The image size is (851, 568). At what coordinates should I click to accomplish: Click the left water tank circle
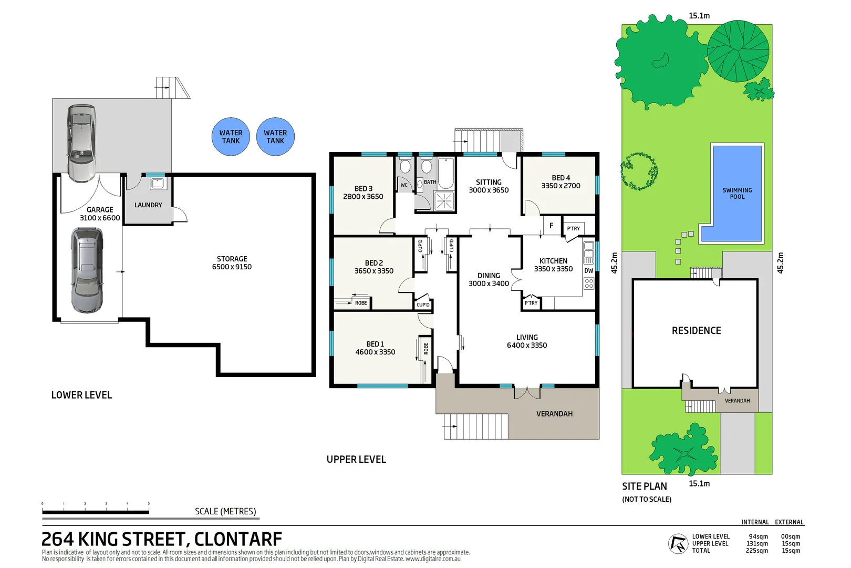pyautogui.click(x=231, y=137)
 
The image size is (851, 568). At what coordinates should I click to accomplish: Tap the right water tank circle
pyautogui.click(x=275, y=137)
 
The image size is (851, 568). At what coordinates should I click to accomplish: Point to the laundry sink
pyautogui.click(x=158, y=184)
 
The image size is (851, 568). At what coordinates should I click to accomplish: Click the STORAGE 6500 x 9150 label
pyautogui.click(x=232, y=263)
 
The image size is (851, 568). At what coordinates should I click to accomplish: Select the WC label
pyautogui.click(x=404, y=185)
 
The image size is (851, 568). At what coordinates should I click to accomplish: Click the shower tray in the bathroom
pyautogui.click(x=444, y=201)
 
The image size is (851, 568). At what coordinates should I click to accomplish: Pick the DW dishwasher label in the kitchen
pyautogui.click(x=589, y=271)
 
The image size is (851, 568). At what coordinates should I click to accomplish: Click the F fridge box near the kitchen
pyautogui.click(x=551, y=226)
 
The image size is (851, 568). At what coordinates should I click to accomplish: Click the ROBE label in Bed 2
pyautogui.click(x=361, y=303)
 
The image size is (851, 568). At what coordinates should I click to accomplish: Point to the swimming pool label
pyautogui.click(x=737, y=194)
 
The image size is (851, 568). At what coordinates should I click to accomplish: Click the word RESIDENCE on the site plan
pyautogui.click(x=696, y=331)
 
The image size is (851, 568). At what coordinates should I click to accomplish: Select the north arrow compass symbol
pyautogui.click(x=678, y=544)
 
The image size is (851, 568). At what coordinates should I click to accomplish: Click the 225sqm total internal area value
pyautogui.click(x=756, y=551)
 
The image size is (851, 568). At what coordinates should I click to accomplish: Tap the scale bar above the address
pyautogui.click(x=96, y=511)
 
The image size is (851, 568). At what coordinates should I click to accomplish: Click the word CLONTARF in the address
pyautogui.click(x=238, y=540)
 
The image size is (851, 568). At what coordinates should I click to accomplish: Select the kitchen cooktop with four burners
pyautogui.click(x=589, y=283)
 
